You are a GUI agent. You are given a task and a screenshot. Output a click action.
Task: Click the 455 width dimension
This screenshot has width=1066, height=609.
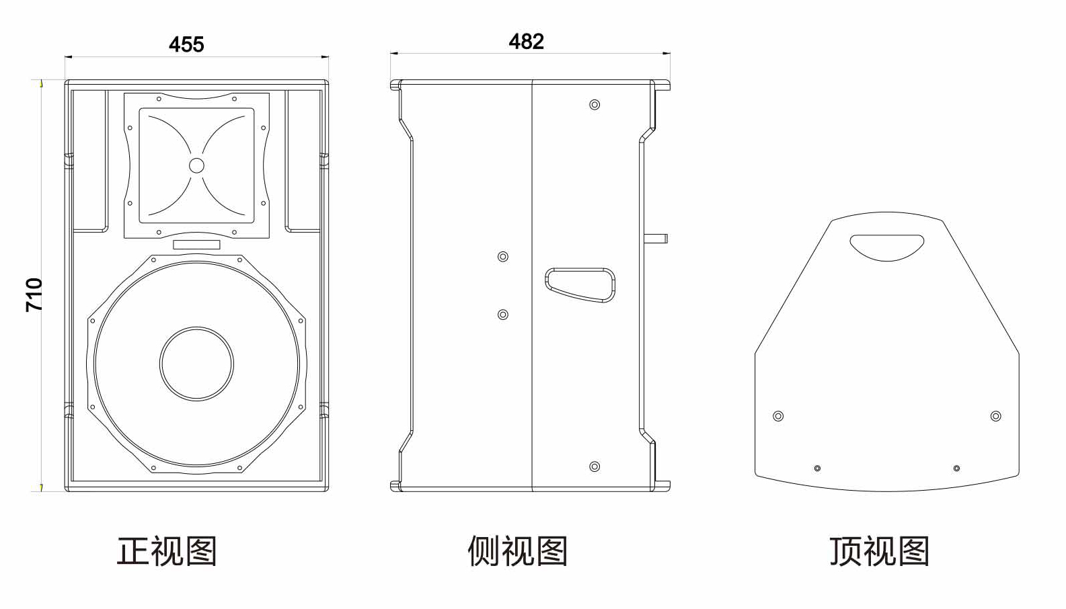tap(186, 44)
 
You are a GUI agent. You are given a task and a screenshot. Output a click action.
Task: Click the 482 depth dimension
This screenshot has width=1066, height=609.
tap(526, 42)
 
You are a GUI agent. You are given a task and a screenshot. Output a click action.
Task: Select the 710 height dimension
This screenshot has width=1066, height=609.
tap(34, 294)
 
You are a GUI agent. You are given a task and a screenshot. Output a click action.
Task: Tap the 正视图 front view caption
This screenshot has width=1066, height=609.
tap(167, 551)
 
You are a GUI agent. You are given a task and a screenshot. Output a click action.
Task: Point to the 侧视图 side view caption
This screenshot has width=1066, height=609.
tap(517, 551)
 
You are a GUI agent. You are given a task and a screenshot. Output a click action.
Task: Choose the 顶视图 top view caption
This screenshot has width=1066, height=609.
tap(879, 551)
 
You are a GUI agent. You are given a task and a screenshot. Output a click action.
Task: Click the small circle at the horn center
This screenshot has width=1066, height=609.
tap(196, 165)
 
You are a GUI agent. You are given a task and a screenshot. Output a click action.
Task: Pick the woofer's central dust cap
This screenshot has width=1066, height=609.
tap(196, 364)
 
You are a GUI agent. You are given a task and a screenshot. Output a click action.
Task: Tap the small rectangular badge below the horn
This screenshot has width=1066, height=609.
tap(196, 245)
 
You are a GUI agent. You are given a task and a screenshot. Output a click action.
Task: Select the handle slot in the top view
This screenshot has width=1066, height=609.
tap(886, 247)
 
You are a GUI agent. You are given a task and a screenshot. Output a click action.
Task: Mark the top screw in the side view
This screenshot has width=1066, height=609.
tap(595, 105)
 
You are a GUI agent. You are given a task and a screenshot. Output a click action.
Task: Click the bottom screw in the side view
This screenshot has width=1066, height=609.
tap(595, 466)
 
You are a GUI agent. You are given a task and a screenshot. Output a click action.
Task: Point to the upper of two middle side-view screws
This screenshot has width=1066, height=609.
tap(503, 257)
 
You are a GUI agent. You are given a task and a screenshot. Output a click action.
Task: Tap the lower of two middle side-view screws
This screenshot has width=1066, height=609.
tap(503, 315)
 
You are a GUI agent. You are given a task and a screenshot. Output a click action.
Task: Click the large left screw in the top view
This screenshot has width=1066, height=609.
tap(778, 416)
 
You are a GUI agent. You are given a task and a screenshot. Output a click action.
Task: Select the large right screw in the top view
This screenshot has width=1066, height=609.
tap(995, 416)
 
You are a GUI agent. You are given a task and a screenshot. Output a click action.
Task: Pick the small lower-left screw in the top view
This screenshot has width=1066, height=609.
tap(817, 468)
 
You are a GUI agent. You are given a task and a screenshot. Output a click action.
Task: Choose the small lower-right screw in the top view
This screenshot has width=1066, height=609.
tap(956, 468)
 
